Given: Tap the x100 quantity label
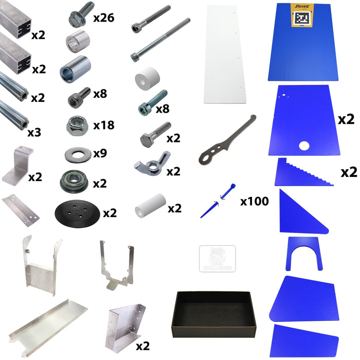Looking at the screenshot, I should pos(254,202).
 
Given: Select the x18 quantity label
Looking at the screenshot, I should pos(104,125).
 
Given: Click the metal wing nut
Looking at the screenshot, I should pos(149,166).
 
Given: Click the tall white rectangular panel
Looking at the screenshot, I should pos(226,54).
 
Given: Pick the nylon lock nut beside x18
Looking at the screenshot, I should pos(77,124).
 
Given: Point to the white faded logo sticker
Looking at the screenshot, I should pos(217,259).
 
